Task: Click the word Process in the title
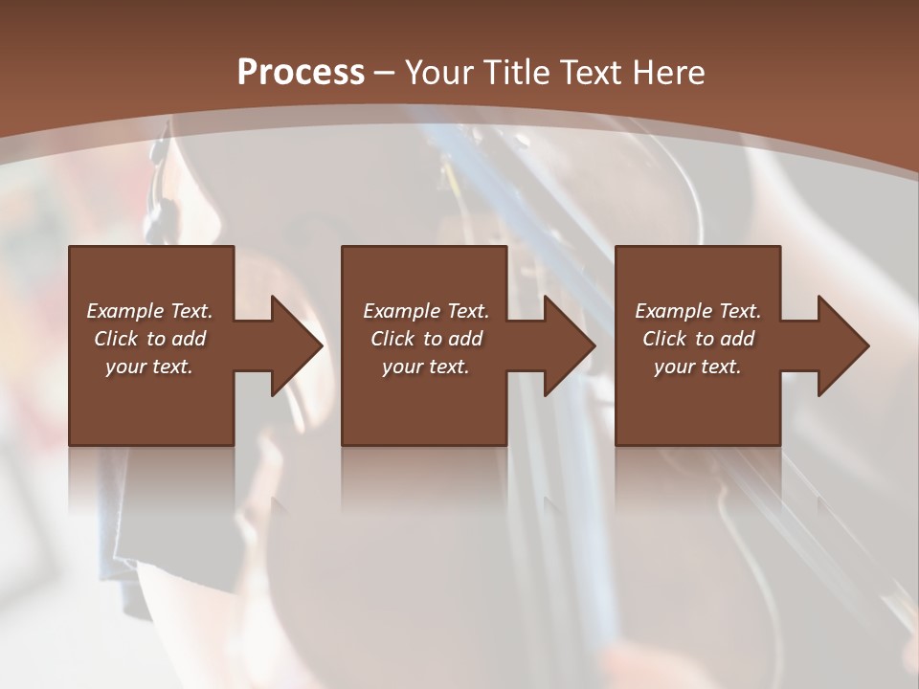301,73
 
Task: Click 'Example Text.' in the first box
150,311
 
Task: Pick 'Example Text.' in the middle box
426,311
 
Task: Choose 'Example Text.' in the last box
698,311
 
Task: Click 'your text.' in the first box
150,367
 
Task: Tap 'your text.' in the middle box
426,367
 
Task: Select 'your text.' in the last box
698,367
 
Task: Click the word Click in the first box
116,339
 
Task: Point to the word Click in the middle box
392,339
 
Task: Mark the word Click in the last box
664,339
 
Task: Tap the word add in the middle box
464,339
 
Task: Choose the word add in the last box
736,339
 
